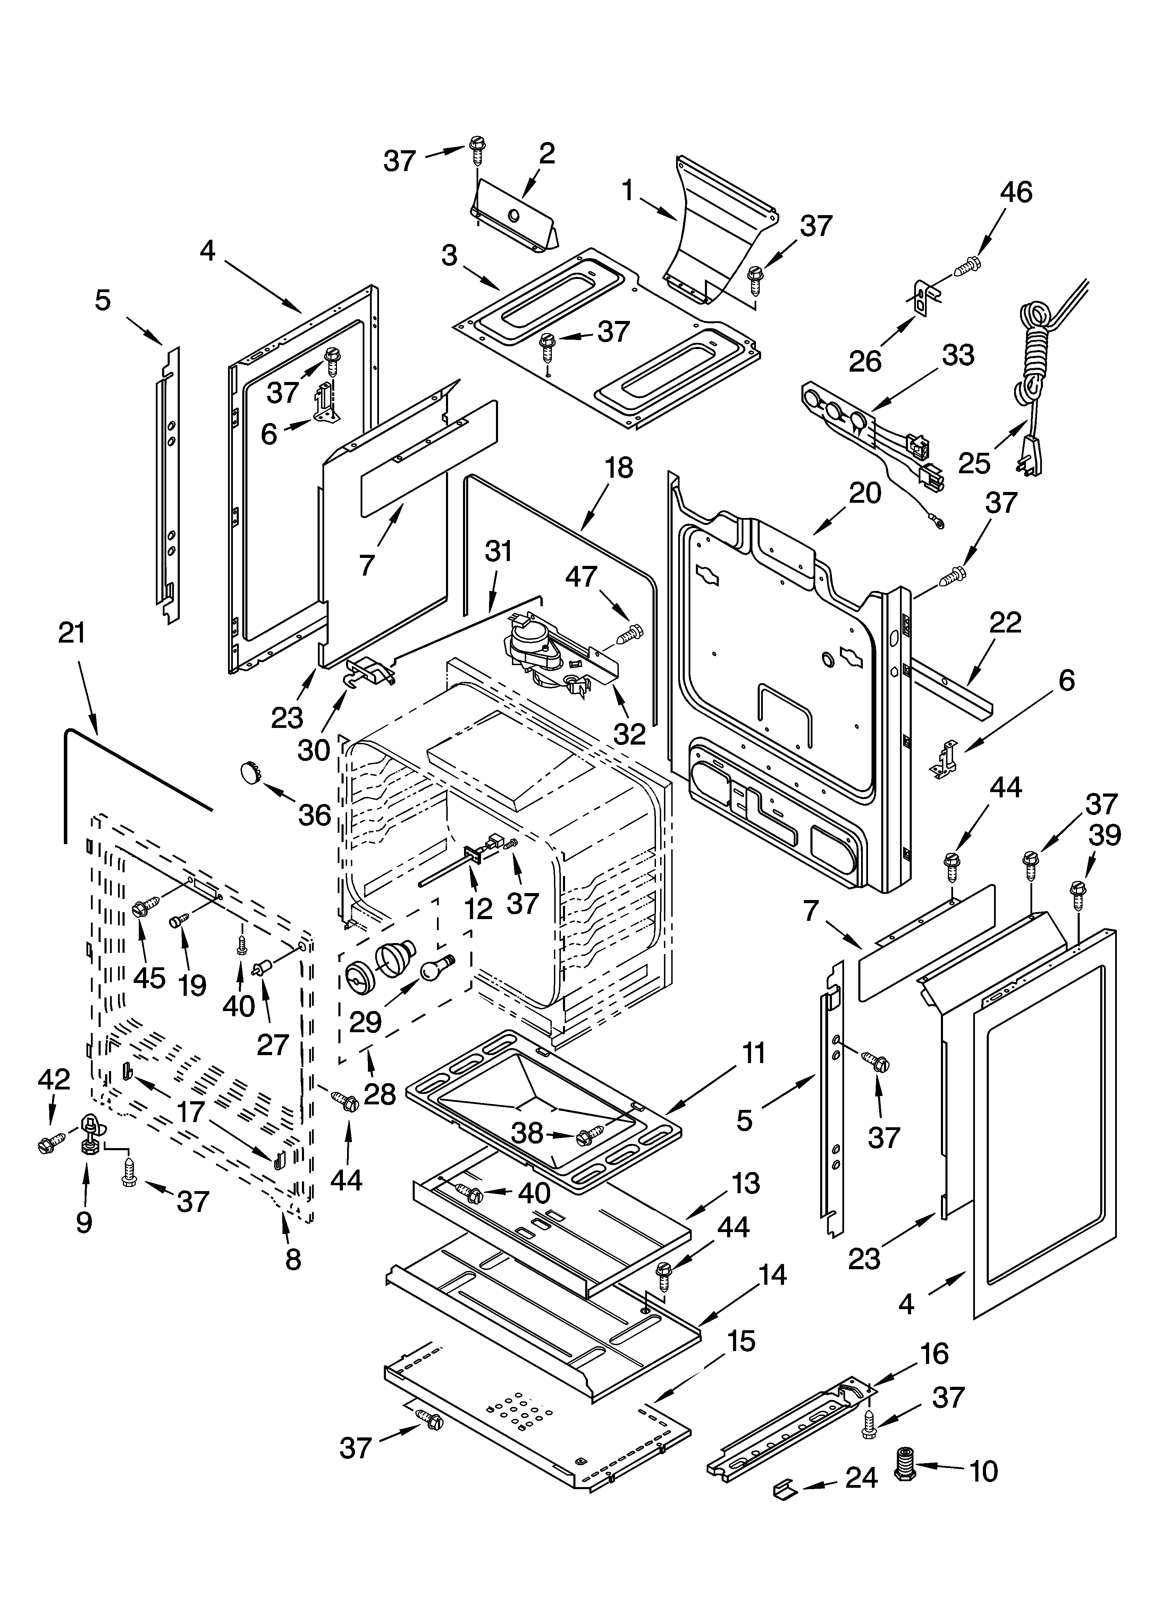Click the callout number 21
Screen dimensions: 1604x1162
(x=71, y=633)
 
